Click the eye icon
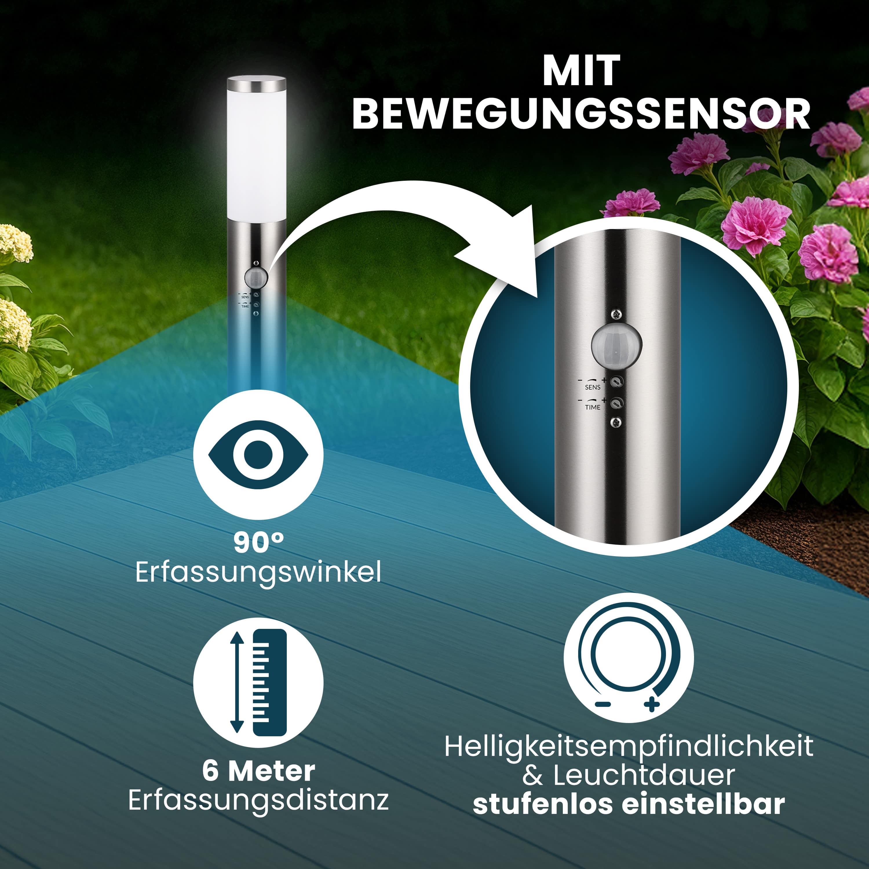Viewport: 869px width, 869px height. pos(258,455)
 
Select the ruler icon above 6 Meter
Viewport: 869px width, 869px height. pos(258,682)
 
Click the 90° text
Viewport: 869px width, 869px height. pos(259,543)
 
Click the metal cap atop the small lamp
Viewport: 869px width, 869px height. pos(256,83)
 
